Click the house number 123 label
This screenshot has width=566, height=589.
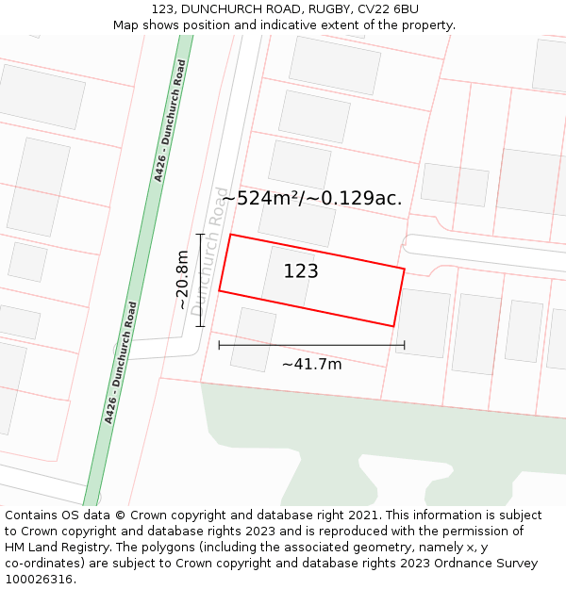[301, 271]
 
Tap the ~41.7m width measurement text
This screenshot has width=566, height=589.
[311, 364]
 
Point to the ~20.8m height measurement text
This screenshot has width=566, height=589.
[182, 280]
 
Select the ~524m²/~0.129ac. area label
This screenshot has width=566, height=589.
[311, 198]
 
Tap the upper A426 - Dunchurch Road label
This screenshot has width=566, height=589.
[170, 121]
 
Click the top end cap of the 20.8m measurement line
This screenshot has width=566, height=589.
[200, 234]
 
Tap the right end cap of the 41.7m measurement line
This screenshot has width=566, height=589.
[405, 345]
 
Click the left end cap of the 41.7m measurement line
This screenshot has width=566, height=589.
[219, 345]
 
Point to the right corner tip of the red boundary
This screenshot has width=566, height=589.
[405, 270]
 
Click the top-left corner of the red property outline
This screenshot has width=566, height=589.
[231, 235]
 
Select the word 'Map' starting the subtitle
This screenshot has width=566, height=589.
[126, 25]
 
